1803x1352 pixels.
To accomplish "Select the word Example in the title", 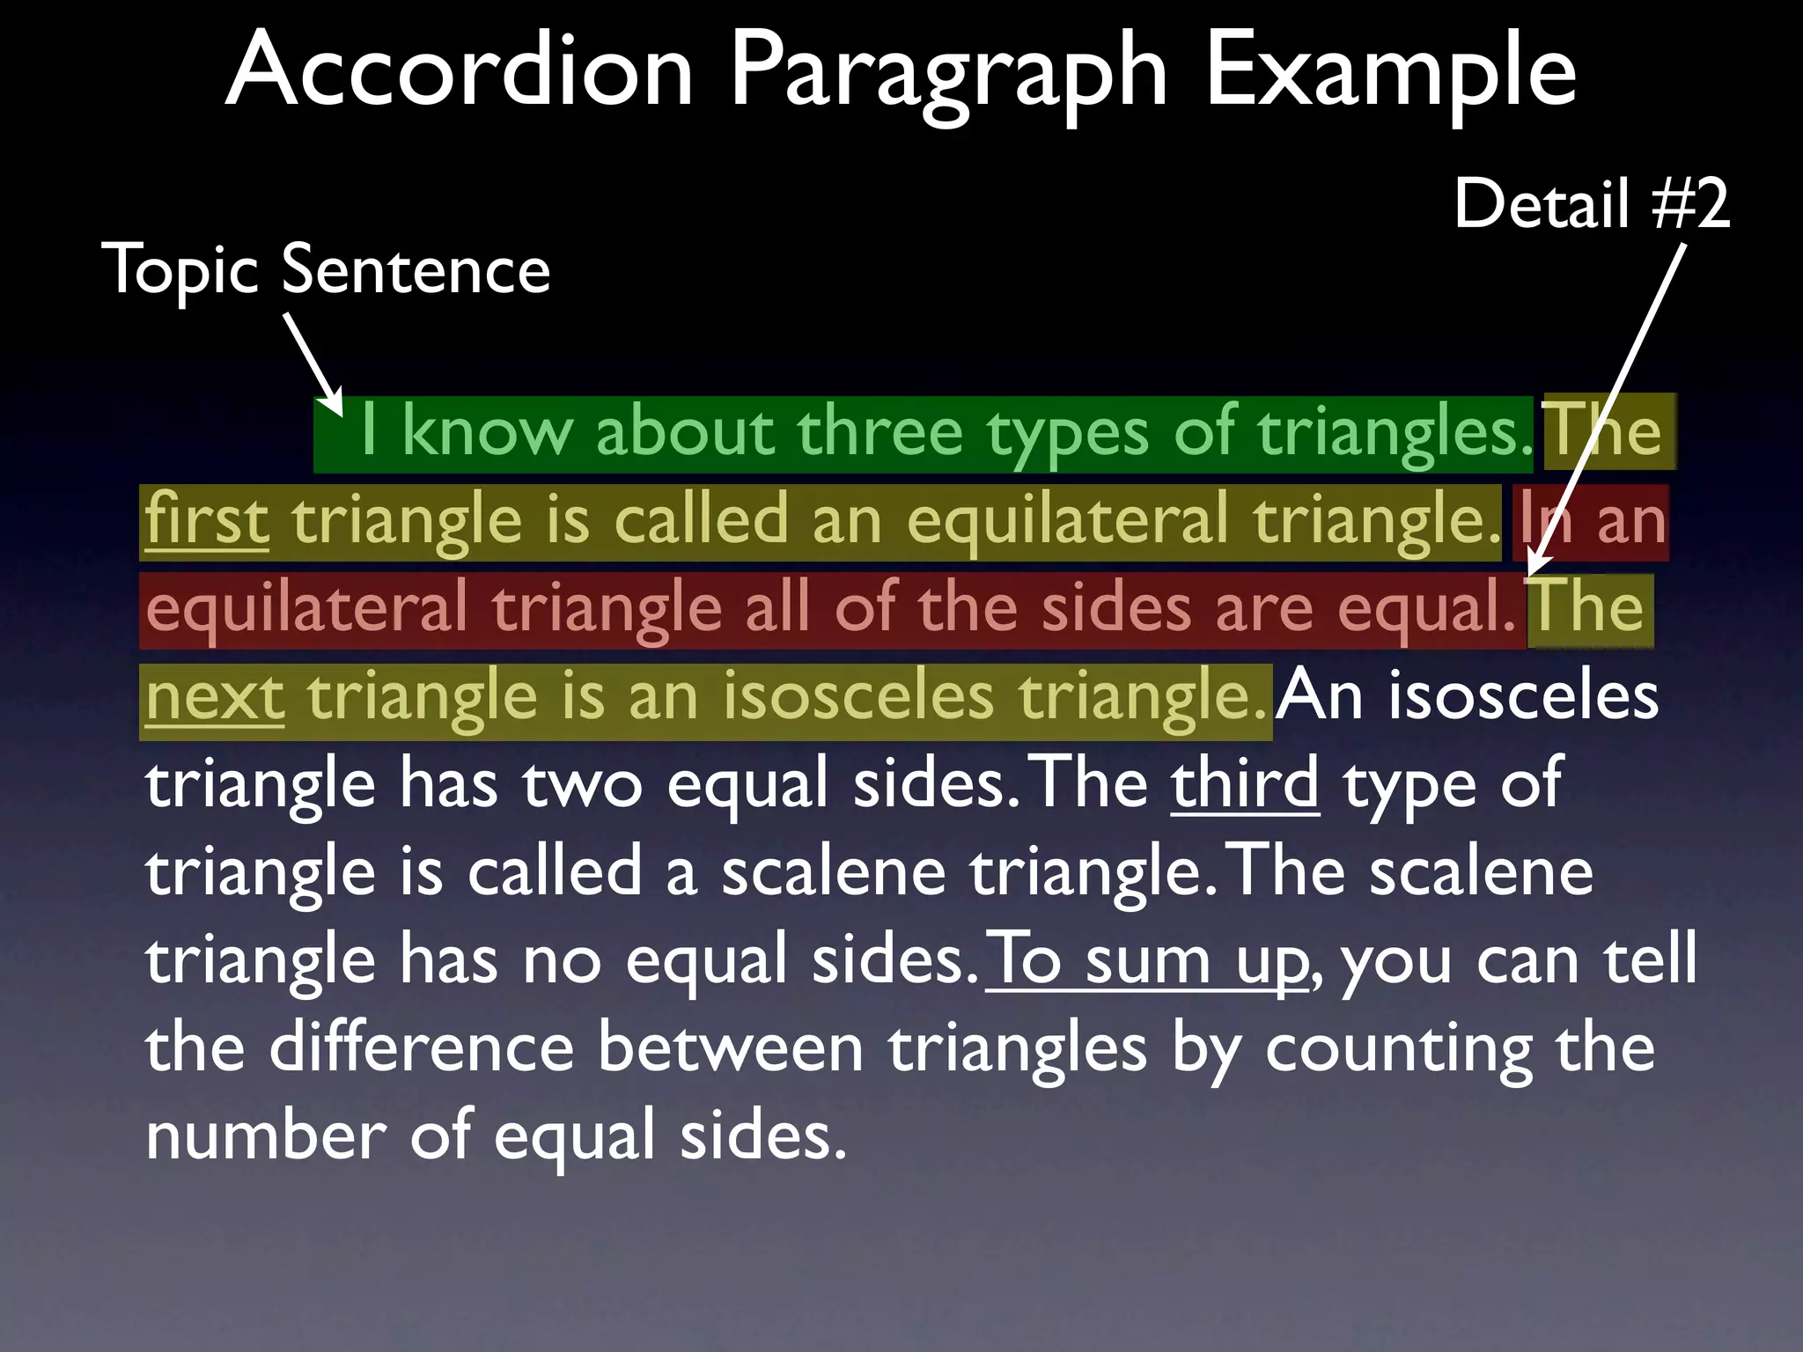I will pos(1390,70).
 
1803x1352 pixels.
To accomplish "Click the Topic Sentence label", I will pos(326,269).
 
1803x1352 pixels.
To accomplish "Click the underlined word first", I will pos(207,520).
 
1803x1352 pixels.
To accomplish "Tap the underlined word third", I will pos(1245,783).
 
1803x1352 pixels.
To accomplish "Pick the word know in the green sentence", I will pos(487,432).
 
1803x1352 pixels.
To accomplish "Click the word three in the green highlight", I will pos(879,432).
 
